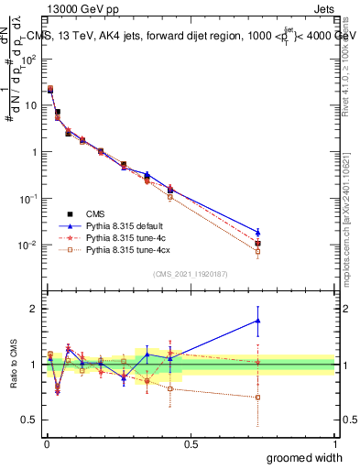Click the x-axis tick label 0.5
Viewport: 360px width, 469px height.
191,443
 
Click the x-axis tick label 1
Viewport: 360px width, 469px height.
335,443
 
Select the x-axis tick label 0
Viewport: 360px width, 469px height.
46,443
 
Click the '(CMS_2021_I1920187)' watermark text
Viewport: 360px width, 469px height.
191,274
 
